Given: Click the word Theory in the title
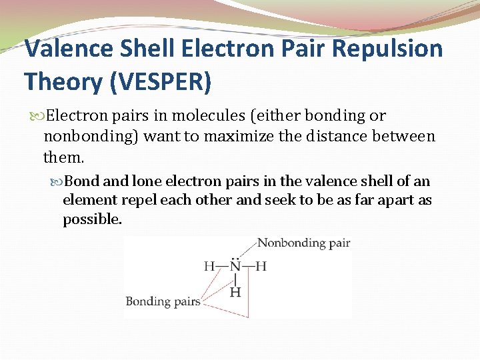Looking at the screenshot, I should (61, 81).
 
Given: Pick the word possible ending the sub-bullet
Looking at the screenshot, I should (92, 219).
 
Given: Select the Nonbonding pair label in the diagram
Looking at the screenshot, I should (303, 243).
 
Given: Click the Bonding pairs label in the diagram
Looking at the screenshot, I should (163, 301).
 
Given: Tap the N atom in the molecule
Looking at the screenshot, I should (235, 267).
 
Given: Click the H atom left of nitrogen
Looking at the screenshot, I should (209, 267).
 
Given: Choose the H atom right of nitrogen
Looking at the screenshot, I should (261, 267).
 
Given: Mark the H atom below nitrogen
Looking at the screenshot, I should (235, 292).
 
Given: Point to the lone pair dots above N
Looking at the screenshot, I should (235, 256).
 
